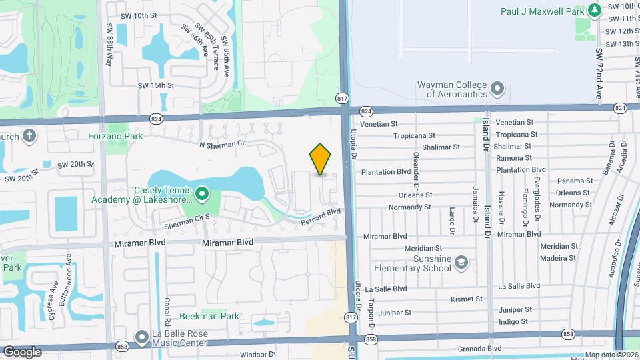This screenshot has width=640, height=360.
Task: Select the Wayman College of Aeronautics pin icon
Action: click(x=497, y=89)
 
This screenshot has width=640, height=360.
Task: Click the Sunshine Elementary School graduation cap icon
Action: click(x=461, y=263)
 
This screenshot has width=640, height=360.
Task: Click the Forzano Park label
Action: click(x=115, y=136)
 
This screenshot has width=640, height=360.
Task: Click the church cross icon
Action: click(x=29, y=137)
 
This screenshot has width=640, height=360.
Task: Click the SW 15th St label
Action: click(x=155, y=85)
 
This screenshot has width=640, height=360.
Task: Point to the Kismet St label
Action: click(x=466, y=299)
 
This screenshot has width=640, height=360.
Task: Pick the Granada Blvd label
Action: click(x=479, y=349)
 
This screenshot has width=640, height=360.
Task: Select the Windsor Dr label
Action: click(x=257, y=355)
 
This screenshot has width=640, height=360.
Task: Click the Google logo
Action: click(x=22, y=352)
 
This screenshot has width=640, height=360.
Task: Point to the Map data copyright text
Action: click(x=611, y=355)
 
